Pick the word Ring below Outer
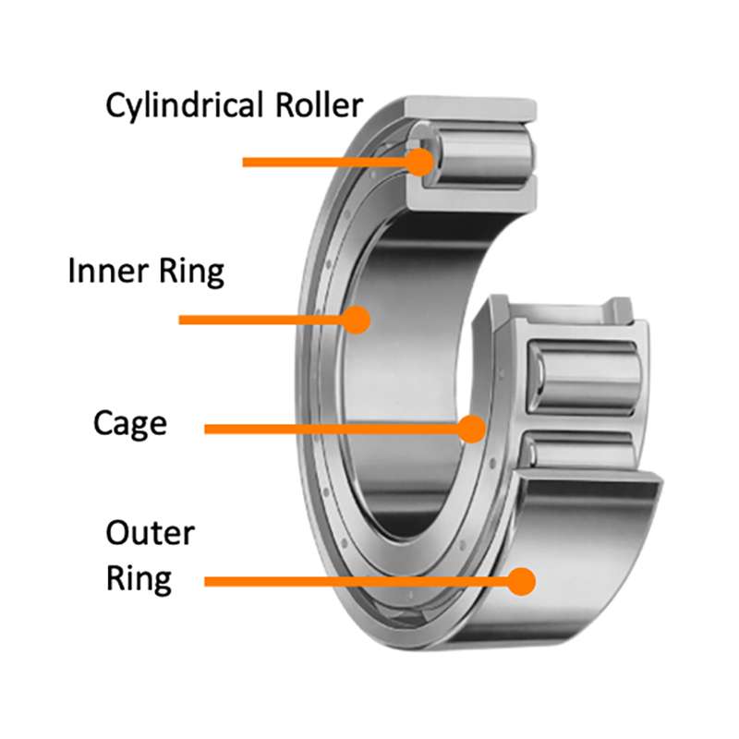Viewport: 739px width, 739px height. pos(139,579)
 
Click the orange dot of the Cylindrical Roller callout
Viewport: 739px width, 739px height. pos(420,162)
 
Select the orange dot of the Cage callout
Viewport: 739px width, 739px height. pos(472,429)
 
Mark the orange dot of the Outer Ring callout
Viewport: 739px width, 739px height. pos(522,581)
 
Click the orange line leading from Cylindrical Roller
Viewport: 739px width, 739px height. pos(323,162)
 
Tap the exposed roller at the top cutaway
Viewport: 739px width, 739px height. pos(480,152)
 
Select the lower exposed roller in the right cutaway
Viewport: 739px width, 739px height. pos(582,451)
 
